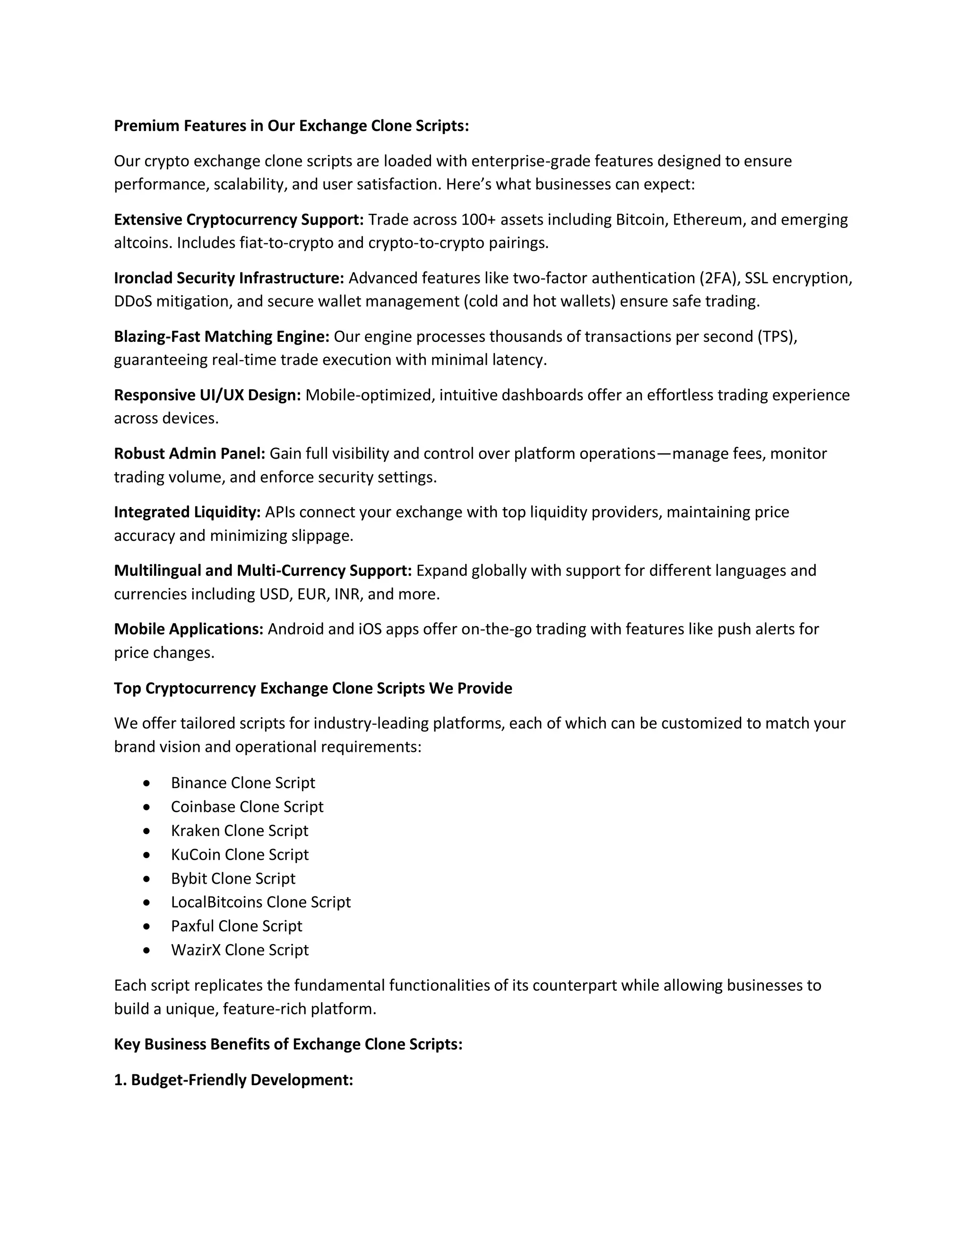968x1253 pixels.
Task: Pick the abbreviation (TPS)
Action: pyautogui.click(x=777, y=336)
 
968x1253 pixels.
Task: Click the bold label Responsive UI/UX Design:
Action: pyautogui.click(x=207, y=395)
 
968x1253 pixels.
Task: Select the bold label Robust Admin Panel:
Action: pyautogui.click(x=189, y=453)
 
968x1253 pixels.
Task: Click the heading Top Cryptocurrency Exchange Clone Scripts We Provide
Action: pyautogui.click(x=312, y=688)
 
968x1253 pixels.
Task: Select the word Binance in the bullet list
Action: pyautogui.click(x=199, y=783)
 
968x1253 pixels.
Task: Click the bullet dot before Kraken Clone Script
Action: pyautogui.click(x=147, y=831)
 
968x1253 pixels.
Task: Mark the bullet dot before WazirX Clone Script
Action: pyautogui.click(x=147, y=950)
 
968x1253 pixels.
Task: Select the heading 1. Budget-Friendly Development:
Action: pyautogui.click(x=233, y=1080)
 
